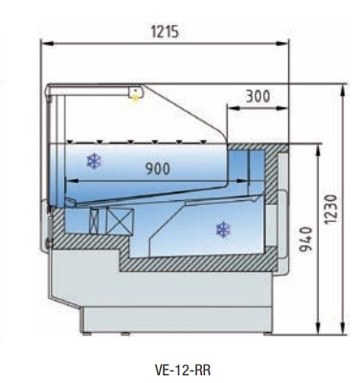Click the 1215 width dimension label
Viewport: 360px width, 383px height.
pyautogui.click(x=165, y=32)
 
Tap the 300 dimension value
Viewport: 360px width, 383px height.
pyautogui.click(x=258, y=96)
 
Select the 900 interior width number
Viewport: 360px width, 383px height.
pyautogui.click(x=158, y=169)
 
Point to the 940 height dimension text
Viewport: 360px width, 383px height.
pyautogui.click(x=305, y=238)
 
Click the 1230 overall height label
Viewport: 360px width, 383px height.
pyautogui.click(x=330, y=209)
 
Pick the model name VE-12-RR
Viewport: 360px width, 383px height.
pyautogui.click(x=183, y=371)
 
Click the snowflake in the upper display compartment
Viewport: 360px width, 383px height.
pyautogui.click(x=95, y=161)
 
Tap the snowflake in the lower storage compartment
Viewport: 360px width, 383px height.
pyautogui.click(x=223, y=230)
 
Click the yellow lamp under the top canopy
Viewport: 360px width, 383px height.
pyautogui.click(x=136, y=96)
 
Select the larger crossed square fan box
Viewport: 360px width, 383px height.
pyautogui.click(x=120, y=220)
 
